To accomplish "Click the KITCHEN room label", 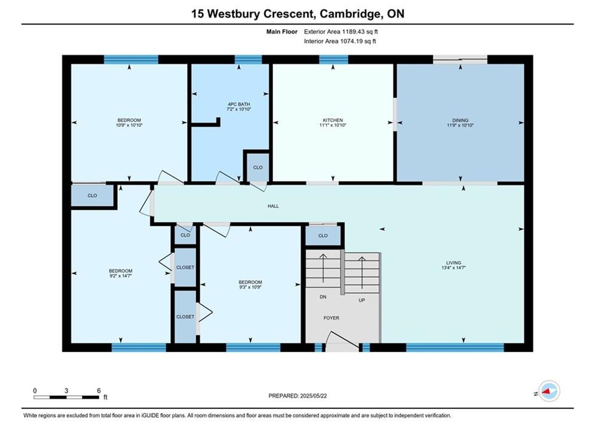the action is pyautogui.click(x=333, y=120).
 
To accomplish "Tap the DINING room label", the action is pyautogui.click(x=460, y=120).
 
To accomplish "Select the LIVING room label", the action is pyautogui.click(x=453, y=262).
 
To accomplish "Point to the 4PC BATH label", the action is pyautogui.click(x=239, y=104).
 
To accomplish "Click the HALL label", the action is pyautogui.click(x=273, y=206).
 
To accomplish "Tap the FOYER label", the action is pyautogui.click(x=331, y=318).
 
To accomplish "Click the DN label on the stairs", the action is pyautogui.click(x=323, y=296).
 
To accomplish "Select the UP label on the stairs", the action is pyautogui.click(x=362, y=300).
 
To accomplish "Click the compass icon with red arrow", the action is pyautogui.click(x=549, y=391).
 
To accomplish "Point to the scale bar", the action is pyautogui.click(x=66, y=397).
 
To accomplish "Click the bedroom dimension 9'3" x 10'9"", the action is pyautogui.click(x=250, y=287).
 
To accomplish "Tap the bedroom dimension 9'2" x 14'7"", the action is pyautogui.click(x=121, y=276).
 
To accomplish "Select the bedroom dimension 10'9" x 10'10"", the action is pyautogui.click(x=129, y=125).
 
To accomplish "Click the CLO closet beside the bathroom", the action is pyautogui.click(x=258, y=167).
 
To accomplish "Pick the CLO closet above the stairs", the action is pyautogui.click(x=323, y=235).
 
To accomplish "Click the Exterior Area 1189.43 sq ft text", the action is pyautogui.click(x=341, y=32).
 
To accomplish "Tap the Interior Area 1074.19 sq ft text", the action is pyautogui.click(x=340, y=41).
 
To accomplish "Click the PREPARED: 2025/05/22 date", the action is pyautogui.click(x=298, y=396).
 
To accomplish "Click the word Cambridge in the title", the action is pyautogui.click(x=350, y=14).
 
